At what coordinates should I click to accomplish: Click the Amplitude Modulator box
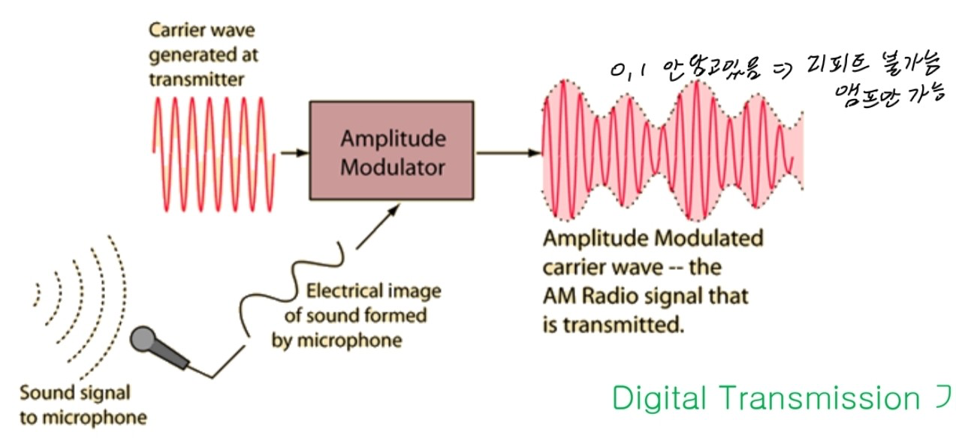(x=391, y=151)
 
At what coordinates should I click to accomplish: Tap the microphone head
(x=142, y=340)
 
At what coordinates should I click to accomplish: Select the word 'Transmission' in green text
(x=811, y=398)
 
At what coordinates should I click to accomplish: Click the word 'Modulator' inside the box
(x=392, y=166)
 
